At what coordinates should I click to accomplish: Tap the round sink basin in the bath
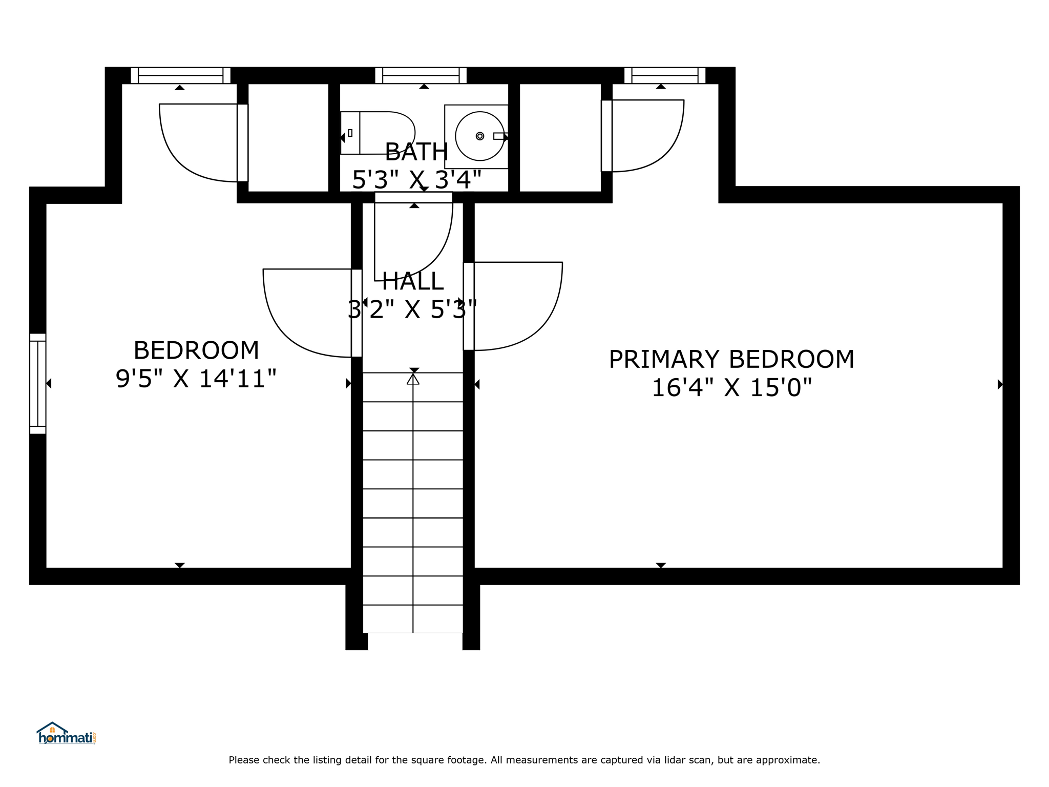coord(480,136)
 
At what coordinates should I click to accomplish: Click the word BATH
coord(416,152)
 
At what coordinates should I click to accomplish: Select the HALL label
coord(412,281)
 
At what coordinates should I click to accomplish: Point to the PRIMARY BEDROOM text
coord(731,359)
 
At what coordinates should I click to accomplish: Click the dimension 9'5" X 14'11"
coord(196,379)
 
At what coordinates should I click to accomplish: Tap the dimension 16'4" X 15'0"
coord(731,387)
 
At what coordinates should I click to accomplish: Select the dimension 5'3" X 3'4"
coord(416,180)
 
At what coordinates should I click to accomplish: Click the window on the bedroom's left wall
coord(38,384)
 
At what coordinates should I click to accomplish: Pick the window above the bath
coord(421,75)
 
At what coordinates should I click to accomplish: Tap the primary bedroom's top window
coord(665,75)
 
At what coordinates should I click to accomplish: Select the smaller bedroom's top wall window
coord(180,75)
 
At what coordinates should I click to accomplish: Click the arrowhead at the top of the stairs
coord(413,379)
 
